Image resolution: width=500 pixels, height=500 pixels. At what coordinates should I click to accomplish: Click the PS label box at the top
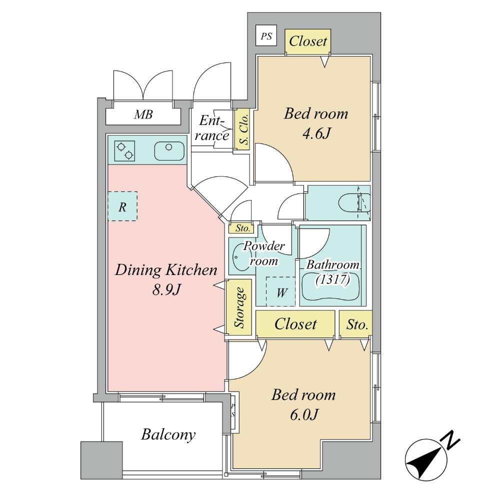(266, 36)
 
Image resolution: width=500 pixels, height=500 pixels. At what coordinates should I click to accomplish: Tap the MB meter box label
(143, 114)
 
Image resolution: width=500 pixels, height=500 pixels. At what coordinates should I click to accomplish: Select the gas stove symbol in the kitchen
(124, 150)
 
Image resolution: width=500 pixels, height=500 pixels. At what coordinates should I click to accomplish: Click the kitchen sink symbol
(169, 150)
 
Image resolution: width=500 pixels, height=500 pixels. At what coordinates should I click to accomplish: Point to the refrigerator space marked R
(122, 206)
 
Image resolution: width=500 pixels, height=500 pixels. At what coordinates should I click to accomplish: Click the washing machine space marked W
(280, 291)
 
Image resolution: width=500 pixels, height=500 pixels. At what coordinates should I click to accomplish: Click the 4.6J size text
(315, 133)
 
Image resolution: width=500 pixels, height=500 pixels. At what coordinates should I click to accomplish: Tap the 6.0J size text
(303, 414)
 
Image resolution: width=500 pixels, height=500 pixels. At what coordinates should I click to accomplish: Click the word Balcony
(168, 434)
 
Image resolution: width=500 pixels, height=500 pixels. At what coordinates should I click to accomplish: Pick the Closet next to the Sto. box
(295, 324)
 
